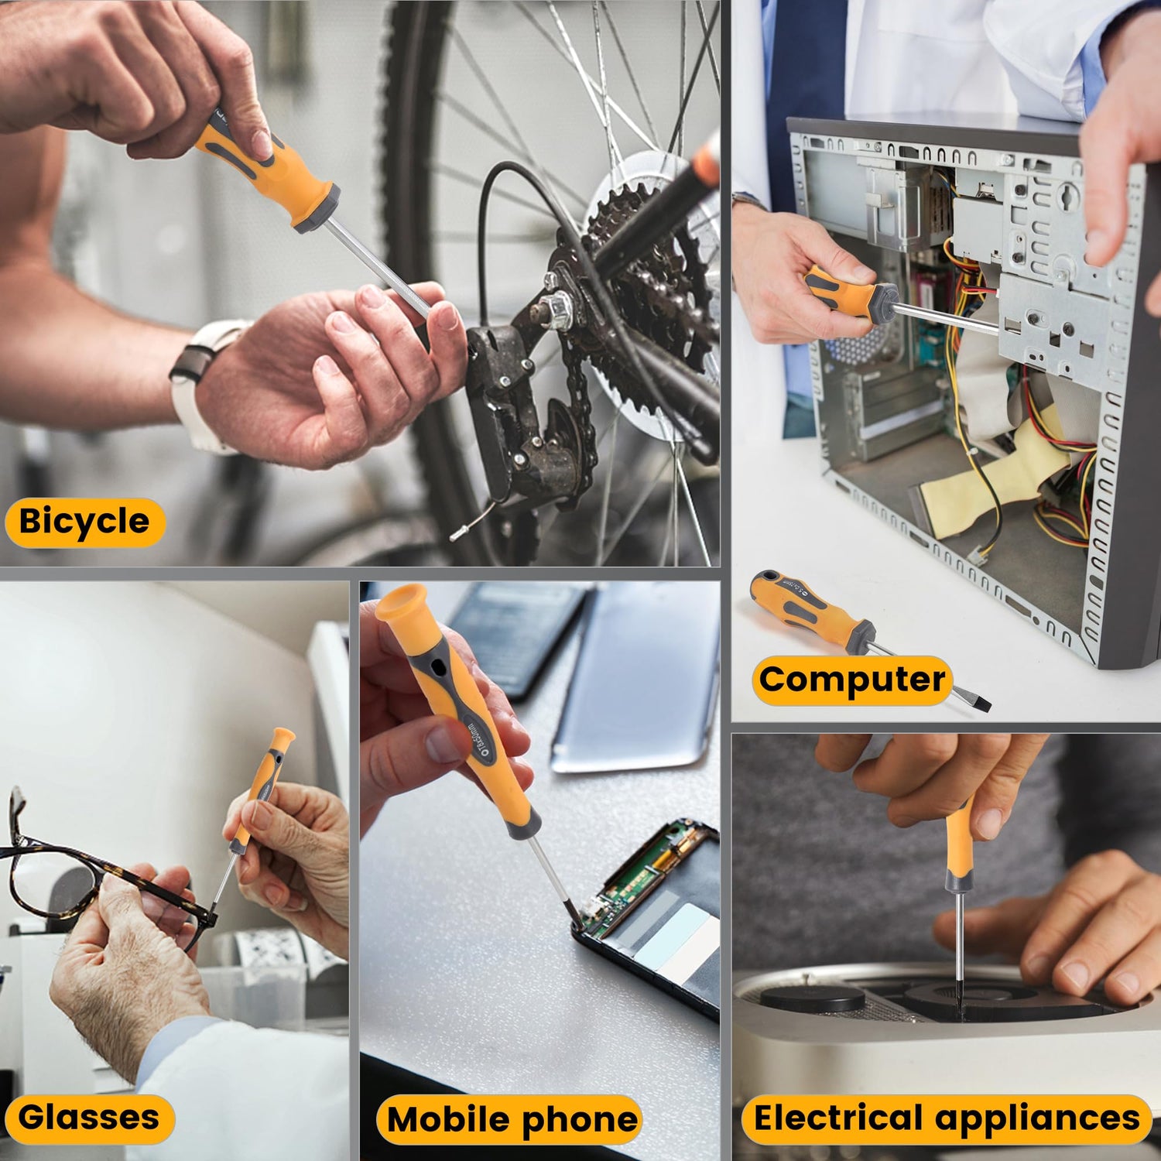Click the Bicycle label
pyautogui.click(x=85, y=522)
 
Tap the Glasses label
pyautogui.click(x=89, y=1118)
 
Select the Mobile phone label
pyautogui.click(x=511, y=1119)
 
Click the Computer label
pyautogui.click(x=851, y=680)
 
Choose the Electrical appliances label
pyautogui.click(x=946, y=1118)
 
